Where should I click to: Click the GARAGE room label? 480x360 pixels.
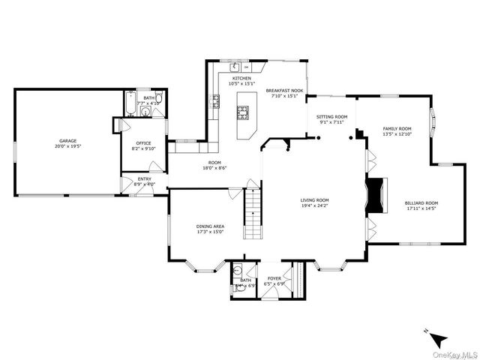pos(68,140)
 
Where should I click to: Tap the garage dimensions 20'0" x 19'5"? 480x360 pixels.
pos(68,146)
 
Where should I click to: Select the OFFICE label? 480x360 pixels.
pos(143,143)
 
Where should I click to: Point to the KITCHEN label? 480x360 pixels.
pos(241,78)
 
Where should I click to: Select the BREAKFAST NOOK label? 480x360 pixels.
pos(284,90)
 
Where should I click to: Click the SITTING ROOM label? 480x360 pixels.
pos(331,116)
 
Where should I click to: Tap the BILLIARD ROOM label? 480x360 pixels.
pos(421,203)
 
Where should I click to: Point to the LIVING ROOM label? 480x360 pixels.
pos(315,199)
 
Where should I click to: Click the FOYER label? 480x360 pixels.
pos(274,278)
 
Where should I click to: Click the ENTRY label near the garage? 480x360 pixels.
pos(143,178)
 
